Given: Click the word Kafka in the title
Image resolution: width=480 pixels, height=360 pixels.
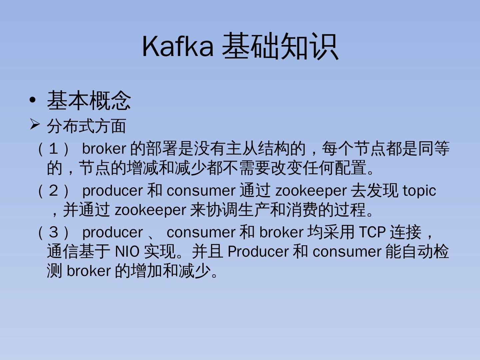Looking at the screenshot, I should [178, 46].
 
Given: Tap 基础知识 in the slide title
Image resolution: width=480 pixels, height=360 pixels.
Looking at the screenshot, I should [280, 46].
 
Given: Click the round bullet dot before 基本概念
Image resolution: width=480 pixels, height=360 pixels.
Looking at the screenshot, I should [32, 100].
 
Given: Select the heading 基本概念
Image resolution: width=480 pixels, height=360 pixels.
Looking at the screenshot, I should [89, 100].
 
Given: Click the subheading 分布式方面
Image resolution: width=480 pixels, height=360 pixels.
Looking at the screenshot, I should [86, 126].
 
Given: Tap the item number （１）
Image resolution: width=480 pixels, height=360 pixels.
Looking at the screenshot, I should [54, 149].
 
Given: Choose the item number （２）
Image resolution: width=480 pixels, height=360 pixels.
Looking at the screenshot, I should [54, 191].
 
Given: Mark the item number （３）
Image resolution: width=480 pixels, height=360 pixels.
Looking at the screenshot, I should [54, 232].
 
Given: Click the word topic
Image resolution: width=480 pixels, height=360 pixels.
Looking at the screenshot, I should [419, 191].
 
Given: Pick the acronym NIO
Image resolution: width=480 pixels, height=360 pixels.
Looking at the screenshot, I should [127, 252].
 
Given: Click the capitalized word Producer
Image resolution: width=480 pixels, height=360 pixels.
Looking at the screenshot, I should [258, 252].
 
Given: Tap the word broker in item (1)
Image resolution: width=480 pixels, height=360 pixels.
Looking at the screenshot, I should [104, 149].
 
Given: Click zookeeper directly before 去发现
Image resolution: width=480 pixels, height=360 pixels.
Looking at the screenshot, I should [311, 191].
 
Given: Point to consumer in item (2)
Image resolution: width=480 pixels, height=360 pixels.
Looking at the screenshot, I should [201, 191].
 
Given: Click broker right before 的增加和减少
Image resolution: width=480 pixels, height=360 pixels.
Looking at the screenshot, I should [88, 271].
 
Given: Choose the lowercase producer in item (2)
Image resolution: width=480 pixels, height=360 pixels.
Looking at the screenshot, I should [112, 191].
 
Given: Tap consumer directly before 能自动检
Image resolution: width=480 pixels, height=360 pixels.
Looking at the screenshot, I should [347, 252].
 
